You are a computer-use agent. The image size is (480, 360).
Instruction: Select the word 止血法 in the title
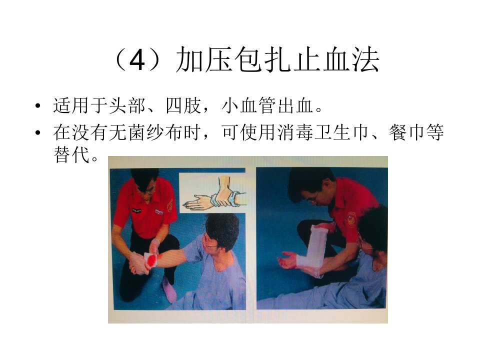pos(336,59)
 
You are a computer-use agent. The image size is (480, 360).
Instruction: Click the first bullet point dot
pos(37,106)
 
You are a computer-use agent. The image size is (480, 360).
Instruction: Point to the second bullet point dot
pos(37,133)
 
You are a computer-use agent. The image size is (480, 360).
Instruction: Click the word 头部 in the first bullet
pos(127,105)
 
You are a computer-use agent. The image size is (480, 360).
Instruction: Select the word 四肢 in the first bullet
pos(183,105)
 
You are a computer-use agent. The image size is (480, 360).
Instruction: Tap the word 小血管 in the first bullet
pos(249,105)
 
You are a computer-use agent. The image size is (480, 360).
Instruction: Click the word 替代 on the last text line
pos(71,154)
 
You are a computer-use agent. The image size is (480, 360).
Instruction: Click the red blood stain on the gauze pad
pos(152,260)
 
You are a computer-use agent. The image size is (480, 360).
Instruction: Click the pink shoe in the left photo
pos(169,289)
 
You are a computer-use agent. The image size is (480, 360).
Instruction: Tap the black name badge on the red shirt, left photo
pos(136,210)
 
